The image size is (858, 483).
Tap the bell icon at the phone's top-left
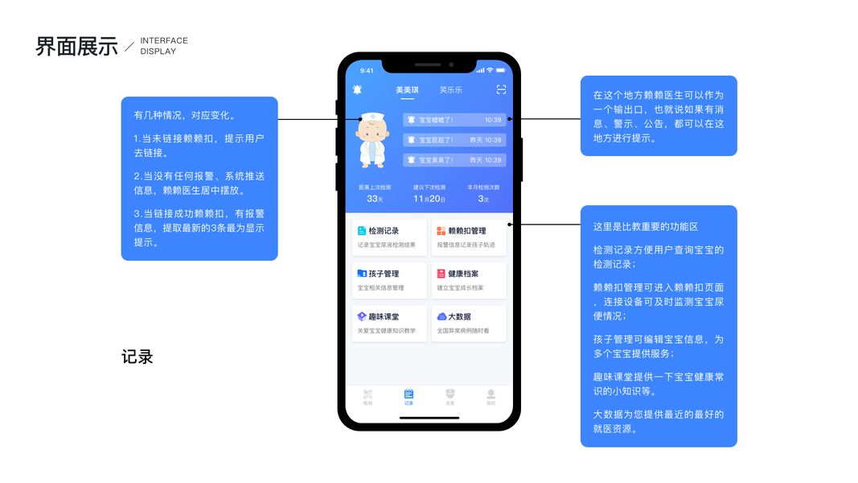(357, 90)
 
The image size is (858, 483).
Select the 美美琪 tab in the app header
(407, 90)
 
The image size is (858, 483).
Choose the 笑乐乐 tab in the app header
(451, 90)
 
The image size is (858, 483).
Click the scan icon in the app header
(501, 90)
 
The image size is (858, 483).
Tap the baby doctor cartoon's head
(371, 126)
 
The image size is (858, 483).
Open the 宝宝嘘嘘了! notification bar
(454, 120)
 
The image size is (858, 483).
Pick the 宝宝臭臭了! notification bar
(454, 160)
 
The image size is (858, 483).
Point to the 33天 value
(375, 199)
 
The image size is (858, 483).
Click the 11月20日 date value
(429, 199)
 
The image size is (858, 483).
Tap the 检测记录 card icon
(362, 231)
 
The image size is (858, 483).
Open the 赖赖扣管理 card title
(466, 231)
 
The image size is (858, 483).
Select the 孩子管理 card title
(384, 274)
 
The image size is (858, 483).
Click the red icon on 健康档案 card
(441, 274)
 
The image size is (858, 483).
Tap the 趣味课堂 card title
(384, 316)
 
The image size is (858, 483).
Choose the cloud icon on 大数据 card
(441, 316)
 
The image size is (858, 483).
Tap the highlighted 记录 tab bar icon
(408, 394)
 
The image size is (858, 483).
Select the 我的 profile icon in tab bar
(491, 394)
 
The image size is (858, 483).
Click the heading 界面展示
(76, 47)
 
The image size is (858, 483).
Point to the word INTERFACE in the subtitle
(164, 40)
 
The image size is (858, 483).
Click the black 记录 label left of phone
(138, 357)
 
